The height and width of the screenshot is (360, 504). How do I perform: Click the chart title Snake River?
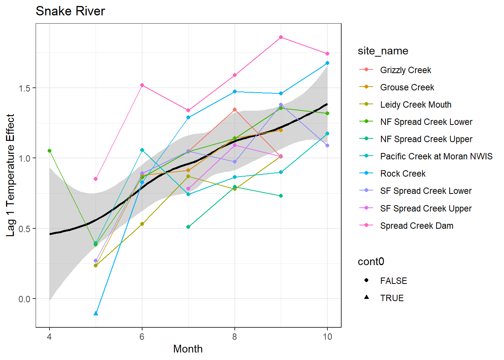(70, 11)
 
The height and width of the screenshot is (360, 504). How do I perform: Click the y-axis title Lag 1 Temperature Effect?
(10, 175)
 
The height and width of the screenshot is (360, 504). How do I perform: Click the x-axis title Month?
(187, 349)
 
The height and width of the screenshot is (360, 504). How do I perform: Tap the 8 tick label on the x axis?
(234, 337)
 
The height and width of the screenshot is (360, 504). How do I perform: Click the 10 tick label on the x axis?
(327, 337)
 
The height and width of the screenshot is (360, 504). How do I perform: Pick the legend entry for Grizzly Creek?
(405, 70)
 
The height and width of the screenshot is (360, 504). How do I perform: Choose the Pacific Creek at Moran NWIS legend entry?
(436, 156)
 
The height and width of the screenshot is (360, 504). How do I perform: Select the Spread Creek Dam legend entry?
(416, 226)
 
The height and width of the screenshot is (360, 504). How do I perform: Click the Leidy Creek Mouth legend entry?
(415, 105)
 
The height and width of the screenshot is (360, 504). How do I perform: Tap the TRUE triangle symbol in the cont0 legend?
(366, 297)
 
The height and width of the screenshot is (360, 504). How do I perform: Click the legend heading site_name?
(383, 51)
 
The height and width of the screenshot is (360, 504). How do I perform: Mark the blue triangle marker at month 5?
(96, 313)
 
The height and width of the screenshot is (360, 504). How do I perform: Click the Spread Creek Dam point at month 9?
(281, 37)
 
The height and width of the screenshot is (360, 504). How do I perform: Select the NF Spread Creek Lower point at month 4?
(49, 151)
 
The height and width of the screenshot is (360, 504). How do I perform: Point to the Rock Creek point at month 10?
(327, 63)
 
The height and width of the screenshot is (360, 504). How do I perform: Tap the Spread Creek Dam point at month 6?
(142, 85)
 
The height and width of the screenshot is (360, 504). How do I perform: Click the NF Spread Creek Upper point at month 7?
(188, 227)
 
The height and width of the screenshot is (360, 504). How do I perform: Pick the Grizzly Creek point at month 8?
(235, 109)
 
